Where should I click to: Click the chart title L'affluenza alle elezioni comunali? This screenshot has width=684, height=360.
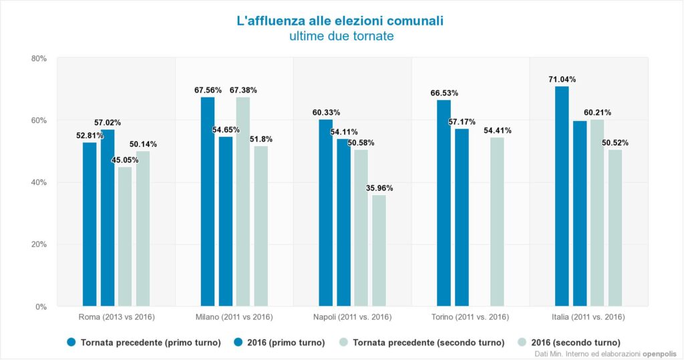point(341,21)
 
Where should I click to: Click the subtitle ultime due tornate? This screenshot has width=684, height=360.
point(341,36)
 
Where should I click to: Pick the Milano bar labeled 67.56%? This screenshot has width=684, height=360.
point(208,201)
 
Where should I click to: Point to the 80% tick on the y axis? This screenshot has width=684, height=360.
point(39,59)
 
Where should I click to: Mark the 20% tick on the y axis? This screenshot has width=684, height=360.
point(39,244)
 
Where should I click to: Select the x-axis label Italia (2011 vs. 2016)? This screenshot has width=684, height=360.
point(588,317)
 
